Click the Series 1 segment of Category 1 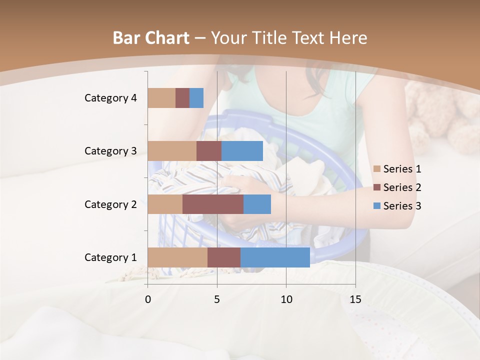coord(177,257)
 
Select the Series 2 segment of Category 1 coord(224,257)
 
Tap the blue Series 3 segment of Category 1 coord(275,257)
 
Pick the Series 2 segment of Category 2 coord(213,204)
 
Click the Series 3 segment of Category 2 coord(257,204)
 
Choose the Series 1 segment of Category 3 coord(172,151)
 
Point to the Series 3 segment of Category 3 coord(242,151)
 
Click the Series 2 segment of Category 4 coord(182,98)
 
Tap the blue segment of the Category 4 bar coord(196,98)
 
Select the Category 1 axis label coord(110,257)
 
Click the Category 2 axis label coord(110,204)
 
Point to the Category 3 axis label coord(110,151)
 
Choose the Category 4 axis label coord(110,98)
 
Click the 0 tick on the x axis coord(148,299)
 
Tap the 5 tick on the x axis coord(217,299)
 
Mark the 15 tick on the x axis coord(355,299)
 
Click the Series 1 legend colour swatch coord(377,169)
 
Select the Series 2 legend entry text coord(402,187)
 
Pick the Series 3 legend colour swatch coord(377,206)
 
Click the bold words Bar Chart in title coord(151,38)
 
